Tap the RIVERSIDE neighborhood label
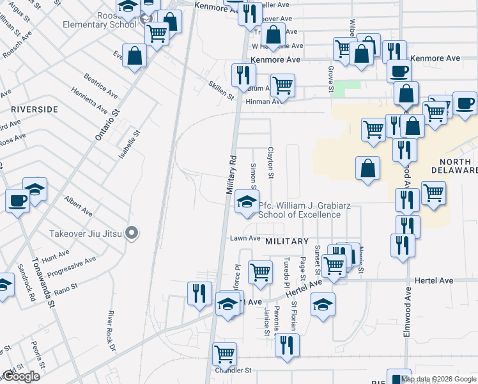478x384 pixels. [x=35, y=109]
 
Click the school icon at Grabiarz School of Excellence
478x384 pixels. [x=244, y=203]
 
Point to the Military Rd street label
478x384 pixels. [x=231, y=175]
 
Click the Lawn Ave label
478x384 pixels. [x=245, y=238]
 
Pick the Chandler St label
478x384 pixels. [x=233, y=371]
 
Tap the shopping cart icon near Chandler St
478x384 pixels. [x=224, y=353]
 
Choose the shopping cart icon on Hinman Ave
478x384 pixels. [x=282, y=84]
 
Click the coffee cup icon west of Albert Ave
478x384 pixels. [x=17, y=200]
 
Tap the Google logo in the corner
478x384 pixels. [x=20, y=376]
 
